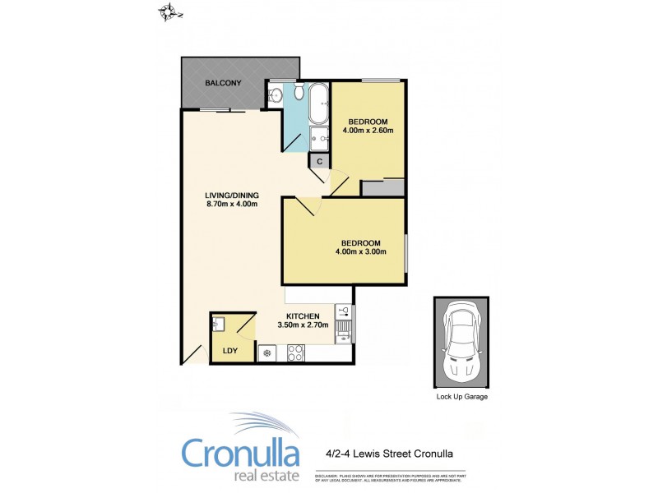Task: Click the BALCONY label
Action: tap(224, 83)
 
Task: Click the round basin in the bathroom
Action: tap(276, 95)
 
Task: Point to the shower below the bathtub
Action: tap(319, 139)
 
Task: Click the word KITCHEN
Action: tap(302, 316)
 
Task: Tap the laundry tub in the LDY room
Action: tap(218, 324)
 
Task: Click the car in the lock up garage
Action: tap(461, 341)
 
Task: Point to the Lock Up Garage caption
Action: tap(461, 397)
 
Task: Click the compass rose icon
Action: tap(170, 12)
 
